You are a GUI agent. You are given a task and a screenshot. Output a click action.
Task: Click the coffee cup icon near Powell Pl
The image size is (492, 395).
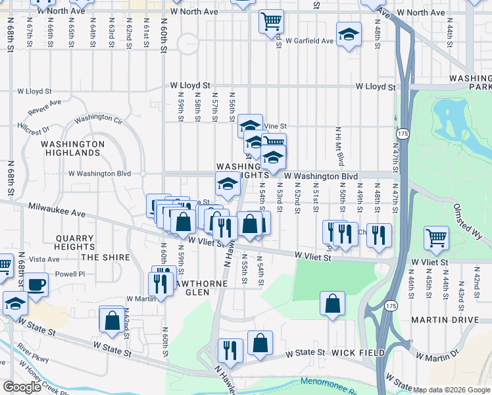tap(36, 284)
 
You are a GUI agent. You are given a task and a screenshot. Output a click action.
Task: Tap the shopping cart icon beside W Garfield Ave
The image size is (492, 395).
tap(271, 21)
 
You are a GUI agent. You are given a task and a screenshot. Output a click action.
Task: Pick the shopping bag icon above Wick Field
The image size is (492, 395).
tap(333, 303)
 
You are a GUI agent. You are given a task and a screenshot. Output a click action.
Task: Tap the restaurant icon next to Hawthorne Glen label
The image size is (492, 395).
tap(161, 282)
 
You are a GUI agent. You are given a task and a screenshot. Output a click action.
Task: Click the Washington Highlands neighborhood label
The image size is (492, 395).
tap(72, 148)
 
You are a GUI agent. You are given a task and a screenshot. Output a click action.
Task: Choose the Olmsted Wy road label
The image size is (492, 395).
tap(468, 216)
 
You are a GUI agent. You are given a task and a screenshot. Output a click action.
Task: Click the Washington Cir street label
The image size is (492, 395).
tap(99, 120)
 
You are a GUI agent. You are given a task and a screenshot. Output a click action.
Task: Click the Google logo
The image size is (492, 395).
tap(22, 387)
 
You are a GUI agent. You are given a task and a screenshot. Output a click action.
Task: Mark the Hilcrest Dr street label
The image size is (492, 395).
tap(33, 127)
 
